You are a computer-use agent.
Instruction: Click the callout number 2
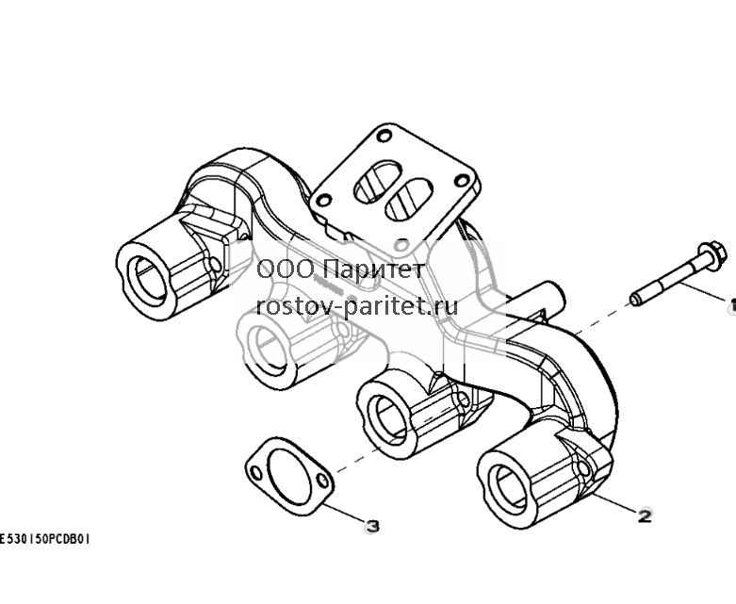645,516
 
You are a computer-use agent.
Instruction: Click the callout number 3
371,527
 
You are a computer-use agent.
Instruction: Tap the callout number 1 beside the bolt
732,305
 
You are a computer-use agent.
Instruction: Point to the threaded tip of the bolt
636,299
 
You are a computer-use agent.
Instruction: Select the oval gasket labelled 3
289,476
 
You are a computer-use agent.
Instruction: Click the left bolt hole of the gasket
256,473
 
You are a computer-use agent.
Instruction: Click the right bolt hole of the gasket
322,481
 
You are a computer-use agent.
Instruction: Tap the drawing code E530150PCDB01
44,539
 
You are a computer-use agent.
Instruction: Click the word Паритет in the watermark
374,269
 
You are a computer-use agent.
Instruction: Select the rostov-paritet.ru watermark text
357,307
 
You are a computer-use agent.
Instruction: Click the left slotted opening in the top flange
377,182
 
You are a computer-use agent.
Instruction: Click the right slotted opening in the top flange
408,199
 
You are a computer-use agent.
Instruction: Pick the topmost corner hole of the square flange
384,137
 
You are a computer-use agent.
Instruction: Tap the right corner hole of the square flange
462,180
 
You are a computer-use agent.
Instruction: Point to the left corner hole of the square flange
323,201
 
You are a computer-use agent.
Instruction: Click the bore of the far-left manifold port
150,279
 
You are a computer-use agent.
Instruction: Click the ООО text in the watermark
286,269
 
